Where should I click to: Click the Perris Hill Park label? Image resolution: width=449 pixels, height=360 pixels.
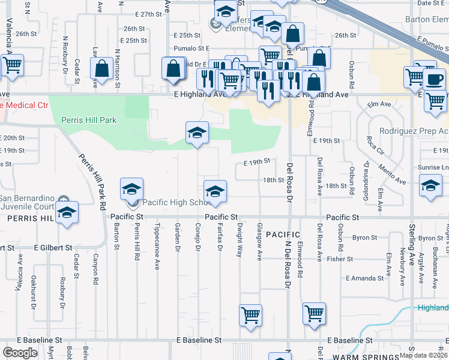pyautogui.click(x=89, y=120)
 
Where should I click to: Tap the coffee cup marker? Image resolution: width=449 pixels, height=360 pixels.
pyautogui.click(x=434, y=80)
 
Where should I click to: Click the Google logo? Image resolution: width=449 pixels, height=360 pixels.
pyautogui.click(x=20, y=352)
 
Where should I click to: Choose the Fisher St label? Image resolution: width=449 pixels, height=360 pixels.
pyautogui.click(x=340, y=259)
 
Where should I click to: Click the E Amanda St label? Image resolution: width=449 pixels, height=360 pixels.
pyautogui.click(x=365, y=278)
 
